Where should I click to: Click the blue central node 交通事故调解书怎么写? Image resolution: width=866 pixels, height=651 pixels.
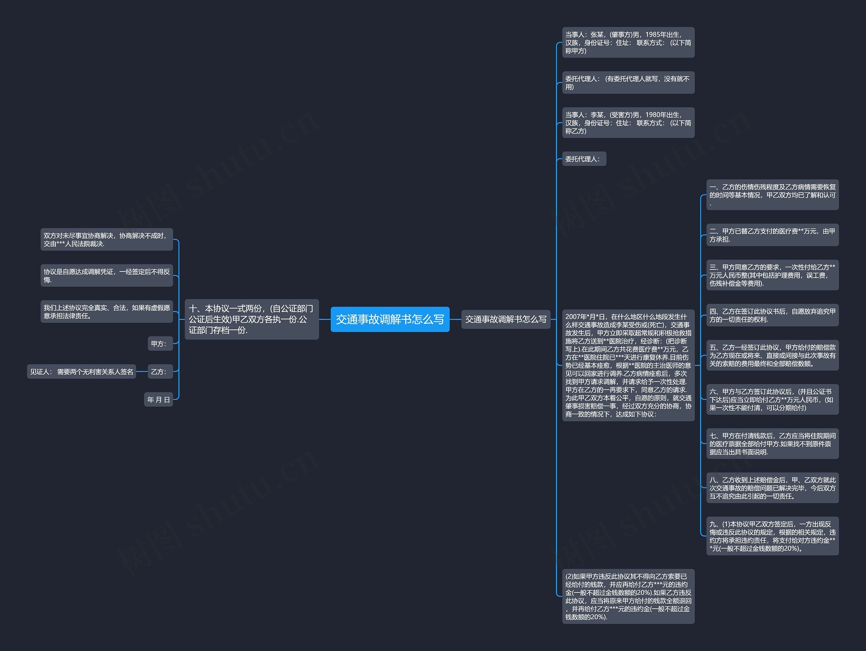click(390, 319)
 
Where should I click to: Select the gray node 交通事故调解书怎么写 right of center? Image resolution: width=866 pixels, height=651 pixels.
click(505, 319)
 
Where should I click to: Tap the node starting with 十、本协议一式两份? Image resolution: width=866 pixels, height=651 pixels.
click(251, 319)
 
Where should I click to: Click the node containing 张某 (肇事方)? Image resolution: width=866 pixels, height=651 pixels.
click(628, 42)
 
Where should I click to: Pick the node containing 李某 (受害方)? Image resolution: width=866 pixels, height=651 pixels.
click(628, 123)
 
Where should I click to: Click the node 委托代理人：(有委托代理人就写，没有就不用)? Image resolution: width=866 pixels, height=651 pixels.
click(628, 83)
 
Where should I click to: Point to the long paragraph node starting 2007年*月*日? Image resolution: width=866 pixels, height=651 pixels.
click(628, 365)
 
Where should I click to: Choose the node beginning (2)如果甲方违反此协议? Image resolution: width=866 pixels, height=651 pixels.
click(628, 596)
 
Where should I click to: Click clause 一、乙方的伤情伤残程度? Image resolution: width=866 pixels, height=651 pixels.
click(772, 195)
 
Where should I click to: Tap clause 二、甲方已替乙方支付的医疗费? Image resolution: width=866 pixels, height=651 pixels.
click(772, 235)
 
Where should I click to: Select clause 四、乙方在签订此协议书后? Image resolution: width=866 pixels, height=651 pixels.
click(772, 315)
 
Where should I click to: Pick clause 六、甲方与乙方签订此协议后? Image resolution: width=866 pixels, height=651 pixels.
click(772, 399)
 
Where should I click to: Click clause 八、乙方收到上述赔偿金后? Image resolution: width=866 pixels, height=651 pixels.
click(772, 488)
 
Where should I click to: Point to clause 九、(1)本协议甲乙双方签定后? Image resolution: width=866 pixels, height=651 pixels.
click(772, 536)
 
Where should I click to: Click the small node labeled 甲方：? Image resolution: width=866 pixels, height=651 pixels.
click(160, 344)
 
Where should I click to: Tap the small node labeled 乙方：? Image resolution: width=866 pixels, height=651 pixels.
click(160, 371)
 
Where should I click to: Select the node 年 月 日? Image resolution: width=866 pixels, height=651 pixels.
click(158, 399)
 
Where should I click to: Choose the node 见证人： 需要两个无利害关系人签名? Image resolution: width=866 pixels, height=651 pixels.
click(82, 371)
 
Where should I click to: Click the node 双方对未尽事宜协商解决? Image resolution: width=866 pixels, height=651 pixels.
click(107, 239)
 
